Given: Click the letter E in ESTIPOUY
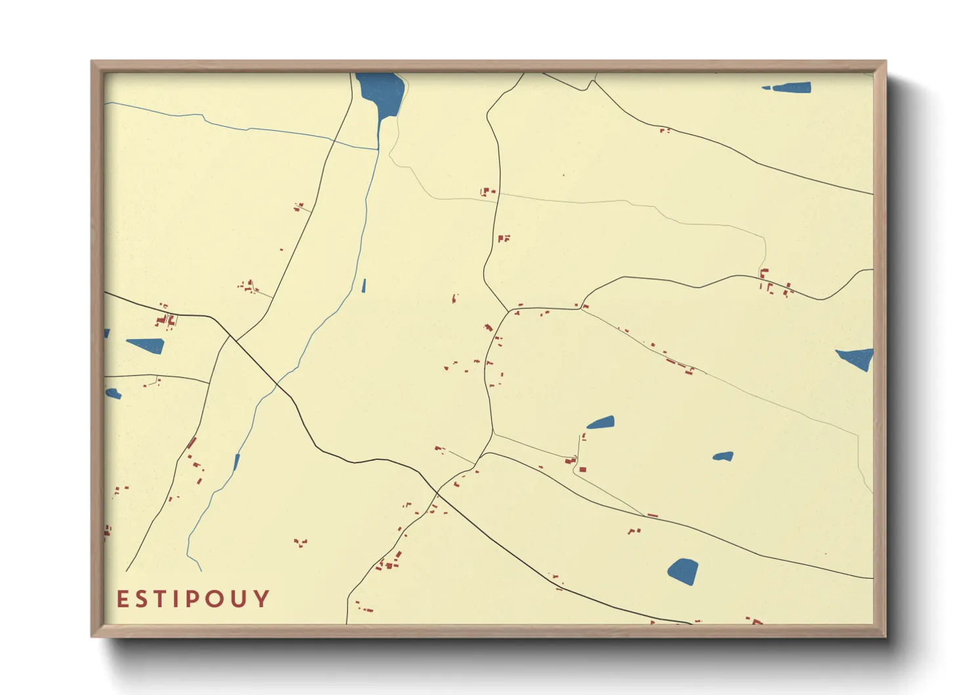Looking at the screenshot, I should [122, 599].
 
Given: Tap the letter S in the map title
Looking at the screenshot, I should [140, 599].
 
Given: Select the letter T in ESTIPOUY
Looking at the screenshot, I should [158, 599].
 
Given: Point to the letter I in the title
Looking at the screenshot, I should [173, 599].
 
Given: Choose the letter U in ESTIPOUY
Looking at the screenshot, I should [238, 599].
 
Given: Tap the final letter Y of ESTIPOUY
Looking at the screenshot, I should [261, 599].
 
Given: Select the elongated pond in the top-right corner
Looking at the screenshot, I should [788, 87].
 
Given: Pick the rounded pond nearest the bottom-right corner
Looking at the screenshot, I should [683, 570].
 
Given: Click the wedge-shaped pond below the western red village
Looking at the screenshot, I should [146, 346].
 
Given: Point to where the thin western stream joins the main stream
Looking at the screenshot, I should [378, 149].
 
